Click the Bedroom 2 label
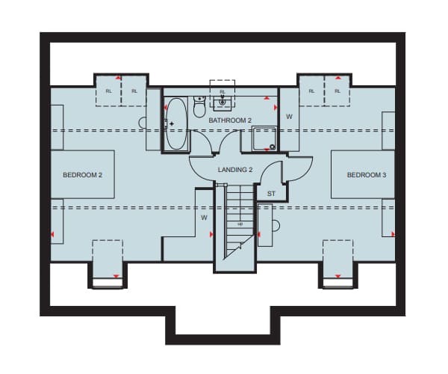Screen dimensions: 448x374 [x=82, y=175]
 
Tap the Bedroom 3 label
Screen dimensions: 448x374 [x=367, y=175]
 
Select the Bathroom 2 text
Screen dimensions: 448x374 [x=230, y=120]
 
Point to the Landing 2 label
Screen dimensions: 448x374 [x=235, y=170]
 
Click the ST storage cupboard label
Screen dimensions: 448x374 [x=271, y=194]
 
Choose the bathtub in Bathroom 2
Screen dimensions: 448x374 [x=176, y=124]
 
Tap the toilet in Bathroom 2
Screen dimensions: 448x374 [x=199, y=107]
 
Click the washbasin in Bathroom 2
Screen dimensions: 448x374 [x=223, y=103]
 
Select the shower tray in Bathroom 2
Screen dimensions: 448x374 [x=264, y=139]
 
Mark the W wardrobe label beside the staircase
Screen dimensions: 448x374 [x=204, y=218]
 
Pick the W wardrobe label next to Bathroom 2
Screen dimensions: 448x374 [x=289, y=117]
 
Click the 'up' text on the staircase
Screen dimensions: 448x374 [x=240, y=224]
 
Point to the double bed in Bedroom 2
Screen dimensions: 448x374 [x=83, y=174]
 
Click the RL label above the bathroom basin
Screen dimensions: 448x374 [x=223, y=92]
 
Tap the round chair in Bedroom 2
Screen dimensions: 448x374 [x=143, y=123]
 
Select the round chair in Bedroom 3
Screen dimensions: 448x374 [x=276, y=226]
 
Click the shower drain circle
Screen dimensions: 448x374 [x=273, y=147]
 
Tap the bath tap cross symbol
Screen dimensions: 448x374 [x=172, y=124]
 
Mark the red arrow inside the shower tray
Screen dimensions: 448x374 [x=267, y=150]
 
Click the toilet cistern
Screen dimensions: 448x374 [x=199, y=99]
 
